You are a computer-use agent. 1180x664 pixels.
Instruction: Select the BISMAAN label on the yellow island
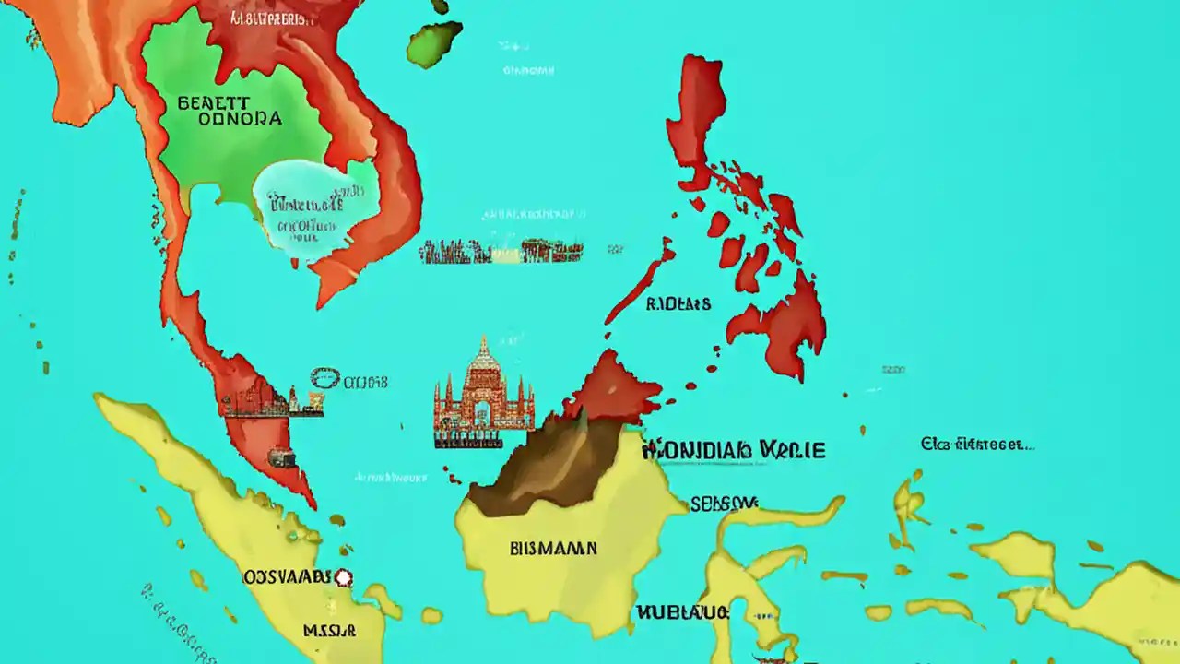pyautogui.click(x=553, y=549)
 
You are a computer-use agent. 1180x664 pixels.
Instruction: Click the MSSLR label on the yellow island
pyautogui.click(x=329, y=632)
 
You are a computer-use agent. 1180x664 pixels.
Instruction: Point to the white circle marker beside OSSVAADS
pyautogui.click(x=344, y=578)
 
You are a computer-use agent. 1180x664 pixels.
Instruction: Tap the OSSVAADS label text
pyautogui.click(x=286, y=577)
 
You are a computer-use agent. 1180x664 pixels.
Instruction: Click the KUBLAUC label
pyautogui.click(x=682, y=612)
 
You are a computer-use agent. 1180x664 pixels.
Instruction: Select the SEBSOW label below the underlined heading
pyautogui.click(x=724, y=503)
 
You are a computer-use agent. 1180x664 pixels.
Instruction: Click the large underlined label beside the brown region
pyautogui.click(x=733, y=449)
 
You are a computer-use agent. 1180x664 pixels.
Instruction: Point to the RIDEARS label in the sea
pyautogui.click(x=678, y=303)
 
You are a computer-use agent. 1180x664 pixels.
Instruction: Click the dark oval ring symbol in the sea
pyautogui.click(x=324, y=378)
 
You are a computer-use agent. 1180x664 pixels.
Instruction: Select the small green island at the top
pyautogui.click(x=433, y=43)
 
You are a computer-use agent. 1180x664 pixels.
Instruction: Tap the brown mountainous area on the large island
pyautogui.click(x=539, y=466)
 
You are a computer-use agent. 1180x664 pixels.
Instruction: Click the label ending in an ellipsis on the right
pyautogui.click(x=977, y=445)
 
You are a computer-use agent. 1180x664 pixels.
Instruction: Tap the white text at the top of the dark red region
pyautogui.click(x=272, y=18)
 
